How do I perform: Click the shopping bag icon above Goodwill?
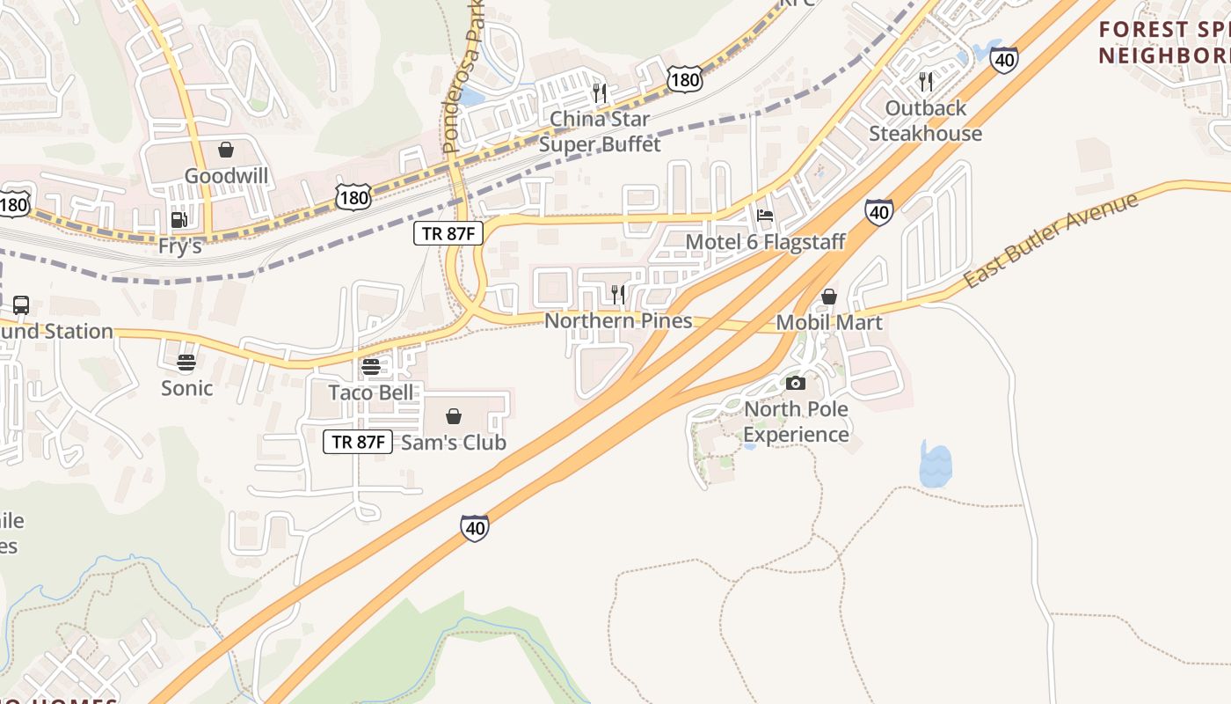(226, 150)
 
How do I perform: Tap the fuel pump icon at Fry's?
(178, 220)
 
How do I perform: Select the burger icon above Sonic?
(186, 362)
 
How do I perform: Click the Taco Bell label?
(370, 392)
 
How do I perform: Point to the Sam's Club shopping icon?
(454, 416)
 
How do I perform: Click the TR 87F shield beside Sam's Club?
(358, 441)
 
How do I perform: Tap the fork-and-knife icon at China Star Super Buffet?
(600, 92)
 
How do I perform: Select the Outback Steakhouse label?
(925, 121)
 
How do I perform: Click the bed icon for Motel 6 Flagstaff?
(765, 216)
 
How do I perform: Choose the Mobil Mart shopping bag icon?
(828, 297)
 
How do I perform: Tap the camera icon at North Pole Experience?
(796, 383)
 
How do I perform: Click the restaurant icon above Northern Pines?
(618, 294)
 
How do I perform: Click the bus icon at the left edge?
(20, 305)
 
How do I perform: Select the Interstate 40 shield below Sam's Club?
(474, 528)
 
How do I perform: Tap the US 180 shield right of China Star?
(684, 80)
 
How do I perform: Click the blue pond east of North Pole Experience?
(936, 465)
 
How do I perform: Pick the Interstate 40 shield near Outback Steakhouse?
(1003, 60)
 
